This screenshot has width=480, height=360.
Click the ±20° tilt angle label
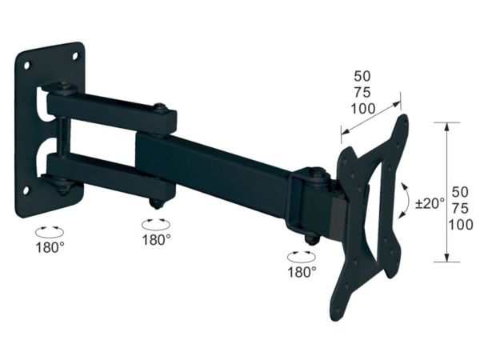(x=430, y=203)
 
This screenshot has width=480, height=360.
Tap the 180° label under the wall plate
(x=50, y=247)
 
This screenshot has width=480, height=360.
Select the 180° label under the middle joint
(x=156, y=240)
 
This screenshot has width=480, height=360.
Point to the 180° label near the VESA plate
(x=302, y=271)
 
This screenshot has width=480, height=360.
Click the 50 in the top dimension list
(x=362, y=76)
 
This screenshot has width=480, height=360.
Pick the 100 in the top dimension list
(x=362, y=109)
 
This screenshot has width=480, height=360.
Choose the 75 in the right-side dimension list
(x=461, y=209)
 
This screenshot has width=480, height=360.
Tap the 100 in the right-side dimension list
(x=461, y=225)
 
